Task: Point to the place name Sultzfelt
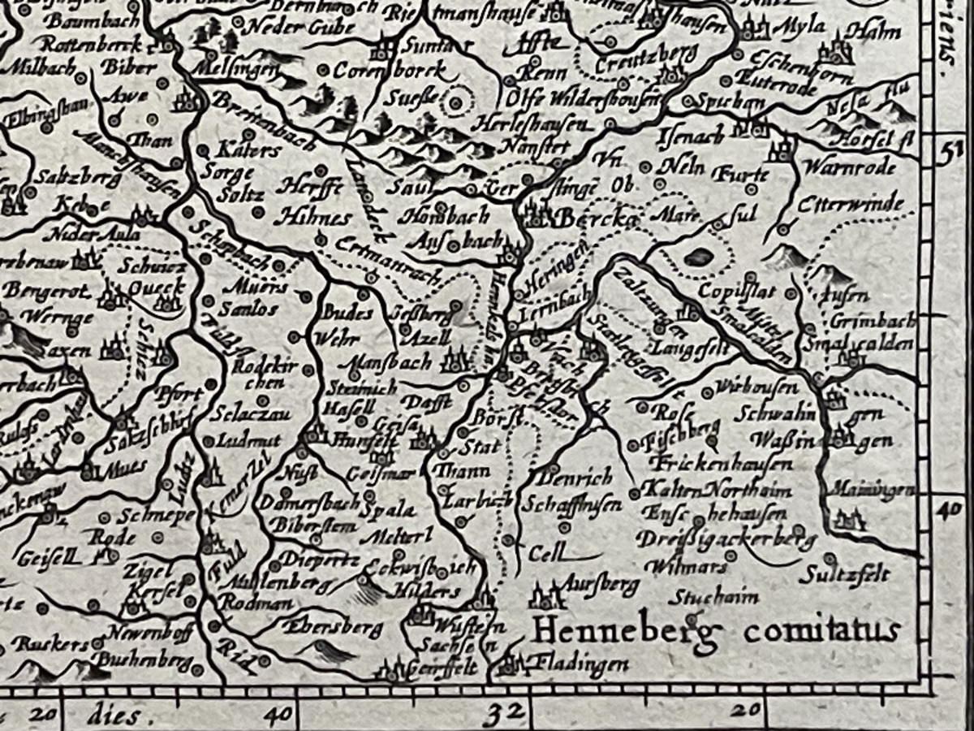coord(843,575)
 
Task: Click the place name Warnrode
coord(849,167)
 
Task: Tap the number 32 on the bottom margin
coord(502,715)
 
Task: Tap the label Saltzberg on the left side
coord(64,178)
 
